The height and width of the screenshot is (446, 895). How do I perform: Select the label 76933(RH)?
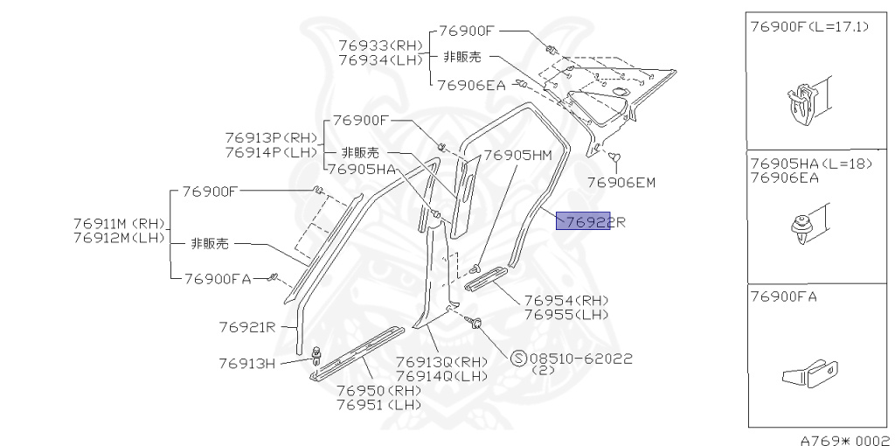(381, 45)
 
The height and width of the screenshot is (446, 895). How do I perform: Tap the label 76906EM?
(621, 183)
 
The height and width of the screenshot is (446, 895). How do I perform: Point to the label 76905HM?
(517, 156)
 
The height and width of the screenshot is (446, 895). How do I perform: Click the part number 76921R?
(247, 328)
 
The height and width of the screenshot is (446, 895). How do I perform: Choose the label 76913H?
(247, 363)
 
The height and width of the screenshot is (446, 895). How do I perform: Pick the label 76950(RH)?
(378, 390)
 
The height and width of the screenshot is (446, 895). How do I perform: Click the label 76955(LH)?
(566, 314)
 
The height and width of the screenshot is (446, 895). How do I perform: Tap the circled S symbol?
(518, 359)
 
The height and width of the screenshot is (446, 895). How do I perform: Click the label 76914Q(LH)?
(442, 376)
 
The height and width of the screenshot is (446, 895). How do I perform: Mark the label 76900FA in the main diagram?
(218, 279)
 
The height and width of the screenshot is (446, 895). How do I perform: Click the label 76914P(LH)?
(272, 152)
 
